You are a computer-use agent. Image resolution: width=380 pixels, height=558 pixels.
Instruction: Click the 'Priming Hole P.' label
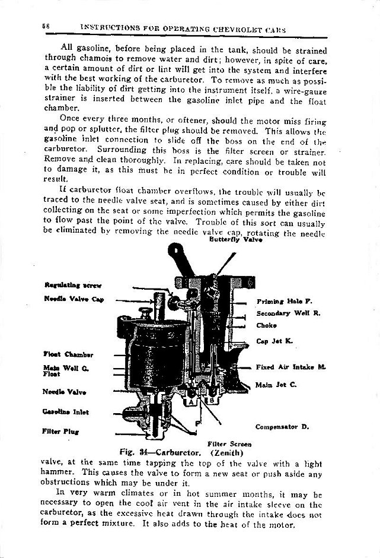coord(280,302)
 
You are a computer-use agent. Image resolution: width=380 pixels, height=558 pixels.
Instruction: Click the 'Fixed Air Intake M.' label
coord(291,367)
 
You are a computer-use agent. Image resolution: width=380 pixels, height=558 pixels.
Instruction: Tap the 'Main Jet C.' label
coord(276,385)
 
